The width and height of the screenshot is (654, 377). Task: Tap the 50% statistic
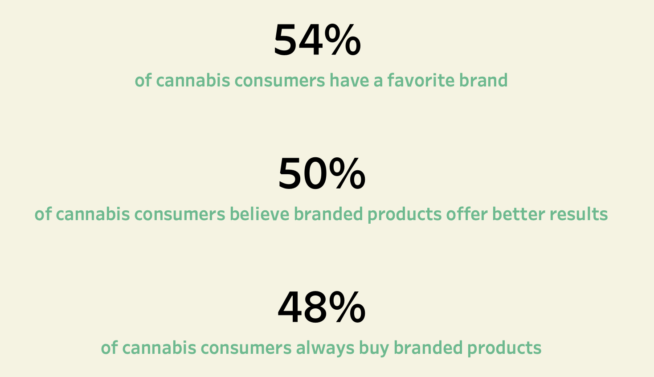coord(321,174)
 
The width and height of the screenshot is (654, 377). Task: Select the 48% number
coord(321,308)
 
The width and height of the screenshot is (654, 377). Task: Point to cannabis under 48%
coord(159,348)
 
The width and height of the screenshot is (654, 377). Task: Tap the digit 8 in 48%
coord(315,308)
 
